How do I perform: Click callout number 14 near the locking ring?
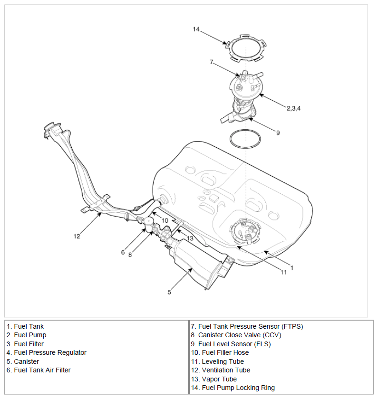196,29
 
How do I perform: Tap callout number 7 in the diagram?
212,62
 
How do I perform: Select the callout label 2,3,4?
293,108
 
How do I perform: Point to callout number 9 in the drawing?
278,133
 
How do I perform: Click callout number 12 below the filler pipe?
77,237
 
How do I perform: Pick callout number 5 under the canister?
169,292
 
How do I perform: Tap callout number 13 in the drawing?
190,238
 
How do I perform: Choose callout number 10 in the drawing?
165,220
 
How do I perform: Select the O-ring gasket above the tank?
230,140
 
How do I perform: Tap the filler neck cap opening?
53,127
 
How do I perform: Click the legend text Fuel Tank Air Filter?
42,370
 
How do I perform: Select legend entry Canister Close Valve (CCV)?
236,335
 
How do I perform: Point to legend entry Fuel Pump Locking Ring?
233,388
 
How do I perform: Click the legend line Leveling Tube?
218,361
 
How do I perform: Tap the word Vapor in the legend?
210,379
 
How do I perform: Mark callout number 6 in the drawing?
123,252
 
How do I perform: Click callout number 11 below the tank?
283,272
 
